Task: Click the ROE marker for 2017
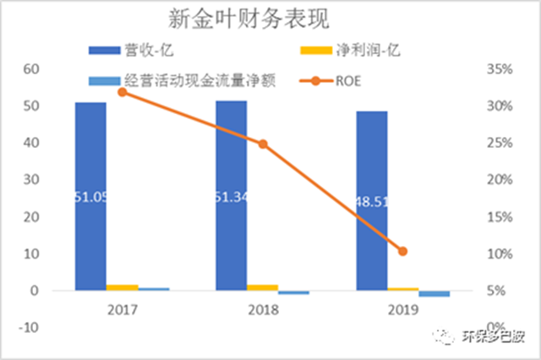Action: tap(123, 91)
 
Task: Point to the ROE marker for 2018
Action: tap(263, 145)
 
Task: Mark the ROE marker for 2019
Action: tap(402, 251)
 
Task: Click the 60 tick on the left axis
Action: tap(31, 68)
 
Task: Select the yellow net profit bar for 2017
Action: tap(123, 287)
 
